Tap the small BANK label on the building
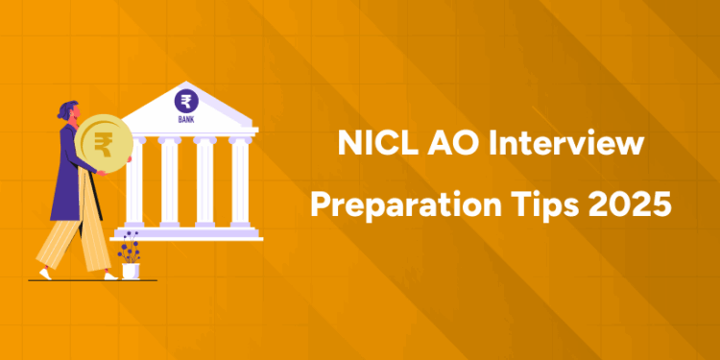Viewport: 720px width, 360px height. (x=184, y=120)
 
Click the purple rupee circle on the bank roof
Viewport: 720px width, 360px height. (x=184, y=100)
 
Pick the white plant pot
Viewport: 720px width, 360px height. (x=130, y=271)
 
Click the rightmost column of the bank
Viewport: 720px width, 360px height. (x=240, y=182)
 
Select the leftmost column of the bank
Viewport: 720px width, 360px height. (x=136, y=182)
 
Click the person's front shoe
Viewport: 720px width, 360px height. (x=111, y=276)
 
